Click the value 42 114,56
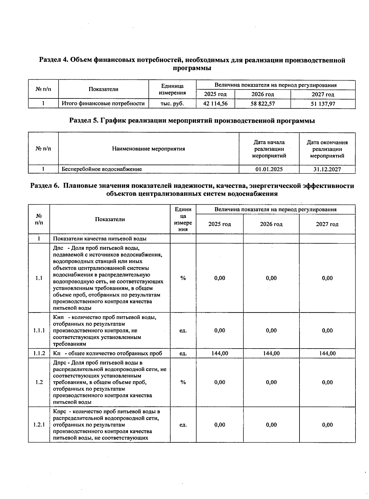click(x=215, y=104)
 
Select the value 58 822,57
click(x=263, y=104)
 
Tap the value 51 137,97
click(x=323, y=104)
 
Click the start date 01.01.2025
click(x=269, y=169)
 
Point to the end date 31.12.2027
click(x=327, y=169)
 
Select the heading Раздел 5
click(x=192, y=121)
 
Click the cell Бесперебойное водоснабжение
click(x=102, y=169)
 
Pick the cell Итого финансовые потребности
click(x=103, y=104)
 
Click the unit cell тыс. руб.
click(x=172, y=104)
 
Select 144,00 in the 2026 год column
click(x=271, y=353)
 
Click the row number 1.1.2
click(x=39, y=353)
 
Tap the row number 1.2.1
click(x=39, y=425)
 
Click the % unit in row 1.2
click(x=183, y=382)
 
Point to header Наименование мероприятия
click(x=149, y=149)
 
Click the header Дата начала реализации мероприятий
click(x=269, y=149)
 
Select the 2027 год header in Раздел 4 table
click(x=323, y=94)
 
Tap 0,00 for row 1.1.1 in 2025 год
click(x=220, y=331)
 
